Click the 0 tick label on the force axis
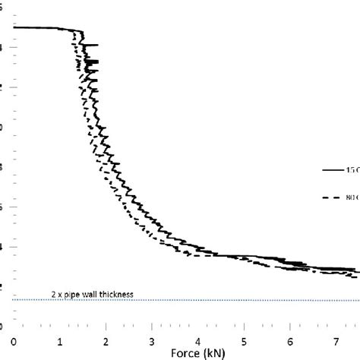pos(14,339)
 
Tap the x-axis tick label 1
pos(60,339)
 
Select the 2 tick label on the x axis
pos(106,339)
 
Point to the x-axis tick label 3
pos(153,339)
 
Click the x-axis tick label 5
pos(245,339)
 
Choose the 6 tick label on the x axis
pos(291,339)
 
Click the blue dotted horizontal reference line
pos(228,300)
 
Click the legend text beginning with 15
pos(353,170)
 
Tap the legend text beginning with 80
pos(353,197)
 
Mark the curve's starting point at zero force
pos(14,27)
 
